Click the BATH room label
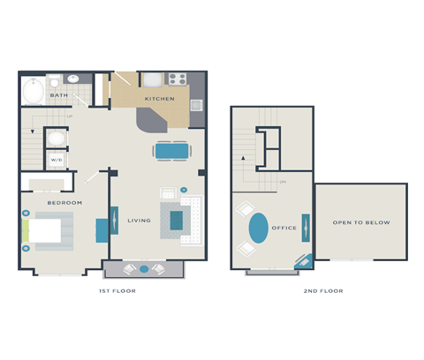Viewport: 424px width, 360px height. pyautogui.click(x=58, y=95)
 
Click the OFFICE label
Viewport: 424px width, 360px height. pyautogui.click(x=284, y=228)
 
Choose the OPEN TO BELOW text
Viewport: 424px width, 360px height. pyautogui.click(x=361, y=222)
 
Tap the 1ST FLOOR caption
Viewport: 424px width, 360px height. pyautogui.click(x=117, y=290)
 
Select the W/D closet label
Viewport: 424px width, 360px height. pyautogui.click(x=56, y=161)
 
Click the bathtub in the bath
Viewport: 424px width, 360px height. pyautogui.click(x=34, y=93)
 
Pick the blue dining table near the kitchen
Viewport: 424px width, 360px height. pyautogui.click(x=171, y=151)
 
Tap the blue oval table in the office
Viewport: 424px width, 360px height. pyautogui.click(x=257, y=228)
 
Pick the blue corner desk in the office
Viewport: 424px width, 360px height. pyautogui.click(x=302, y=260)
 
